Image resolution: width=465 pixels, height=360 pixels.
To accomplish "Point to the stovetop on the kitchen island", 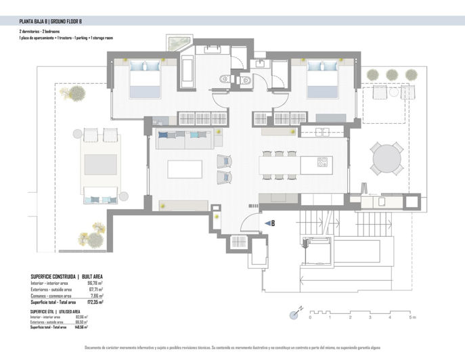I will point(322,162).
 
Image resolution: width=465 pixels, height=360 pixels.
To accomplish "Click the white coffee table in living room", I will point(185,168).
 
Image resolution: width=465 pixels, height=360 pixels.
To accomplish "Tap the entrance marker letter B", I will point(272,223).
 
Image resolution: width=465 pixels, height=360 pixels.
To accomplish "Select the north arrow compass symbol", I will point(296,313).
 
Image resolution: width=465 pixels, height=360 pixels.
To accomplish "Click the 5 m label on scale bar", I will point(412,317).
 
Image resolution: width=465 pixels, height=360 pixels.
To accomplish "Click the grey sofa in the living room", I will point(185,139).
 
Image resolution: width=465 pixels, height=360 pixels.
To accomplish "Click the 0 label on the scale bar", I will point(310,317).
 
